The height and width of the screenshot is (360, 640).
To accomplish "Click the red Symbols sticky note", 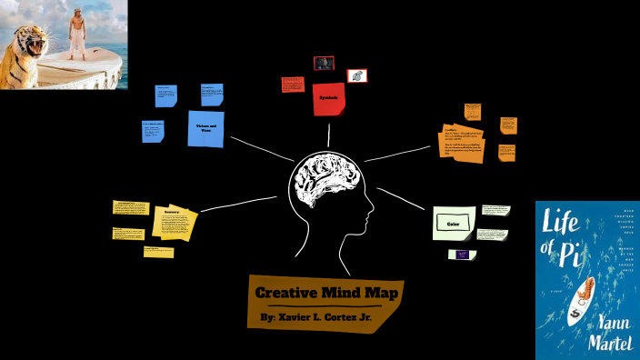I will pyautogui.click(x=328, y=98).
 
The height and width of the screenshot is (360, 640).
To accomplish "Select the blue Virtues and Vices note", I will pyautogui.click(x=205, y=128).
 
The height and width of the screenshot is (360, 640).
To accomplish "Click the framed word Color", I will pyautogui.click(x=454, y=222).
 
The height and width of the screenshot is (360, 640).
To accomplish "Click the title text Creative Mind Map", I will pyautogui.click(x=326, y=292).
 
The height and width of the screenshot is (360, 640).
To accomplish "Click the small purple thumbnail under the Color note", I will pyautogui.click(x=463, y=255).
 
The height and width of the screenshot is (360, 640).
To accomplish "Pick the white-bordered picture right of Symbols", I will pyautogui.click(x=357, y=75).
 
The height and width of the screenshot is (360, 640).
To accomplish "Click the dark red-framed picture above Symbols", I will pyautogui.click(x=324, y=64).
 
